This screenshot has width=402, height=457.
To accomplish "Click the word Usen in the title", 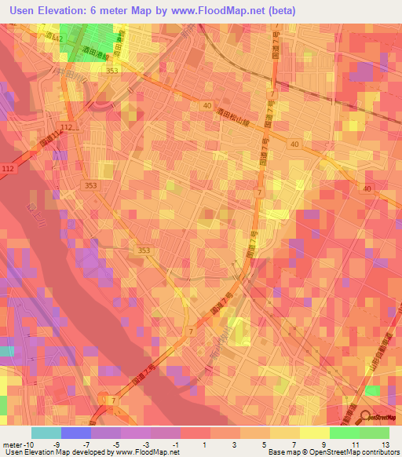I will point(24,9).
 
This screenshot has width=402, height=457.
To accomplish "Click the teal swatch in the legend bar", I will point(46,433).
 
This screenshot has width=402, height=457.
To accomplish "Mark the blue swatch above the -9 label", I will point(75,433).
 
